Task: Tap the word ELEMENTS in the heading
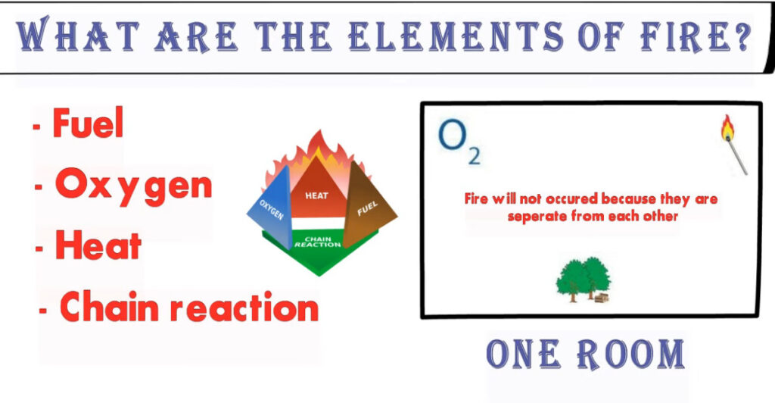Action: click(x=455, y=36)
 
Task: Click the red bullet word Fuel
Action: click(x=88, y=123)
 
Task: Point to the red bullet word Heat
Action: click(x=98, y=245)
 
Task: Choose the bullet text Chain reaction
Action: click(x=189, y=307)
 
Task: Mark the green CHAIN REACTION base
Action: click(x=319, y=250)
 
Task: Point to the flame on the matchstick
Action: click(x=727, y=127)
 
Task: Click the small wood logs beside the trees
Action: click(x=602, y=298)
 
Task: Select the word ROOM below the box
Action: click(x=631, y=355)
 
